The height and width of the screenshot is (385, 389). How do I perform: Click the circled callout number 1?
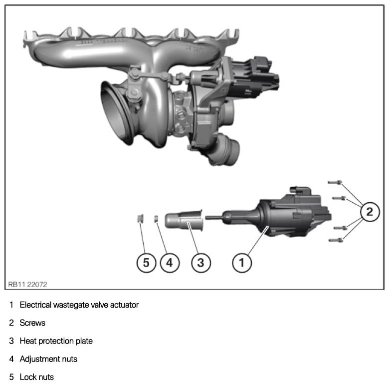[x=242, y=263]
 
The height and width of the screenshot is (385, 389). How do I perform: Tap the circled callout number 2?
[x=370, y=212]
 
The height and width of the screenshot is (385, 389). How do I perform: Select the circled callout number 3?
[x=201, y=263]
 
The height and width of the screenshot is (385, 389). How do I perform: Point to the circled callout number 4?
[x=170, y=263]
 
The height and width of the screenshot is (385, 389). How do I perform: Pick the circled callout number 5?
[x=146, y=263]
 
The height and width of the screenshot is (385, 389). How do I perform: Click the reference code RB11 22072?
[x=27, y=285]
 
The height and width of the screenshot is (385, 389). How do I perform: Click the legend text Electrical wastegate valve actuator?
[x=79, y=305]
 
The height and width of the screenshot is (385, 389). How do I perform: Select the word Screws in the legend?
[x=32, y=323]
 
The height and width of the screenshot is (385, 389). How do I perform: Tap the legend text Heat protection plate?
[x=56, y=341]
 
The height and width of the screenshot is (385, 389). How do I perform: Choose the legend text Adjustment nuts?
[x=48, y=359]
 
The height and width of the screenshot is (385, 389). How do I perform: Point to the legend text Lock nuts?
[x=37, y=377]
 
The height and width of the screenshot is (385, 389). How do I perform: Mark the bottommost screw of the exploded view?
[x=336, y=240]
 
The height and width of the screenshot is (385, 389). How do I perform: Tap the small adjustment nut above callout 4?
[x=156, y=219]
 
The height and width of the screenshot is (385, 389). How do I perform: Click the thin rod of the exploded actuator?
[x=214, y=218]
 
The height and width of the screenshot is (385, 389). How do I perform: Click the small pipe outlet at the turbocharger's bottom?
[x=226, y=150]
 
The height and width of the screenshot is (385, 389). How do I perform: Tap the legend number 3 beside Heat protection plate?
[x=11, y=341]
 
